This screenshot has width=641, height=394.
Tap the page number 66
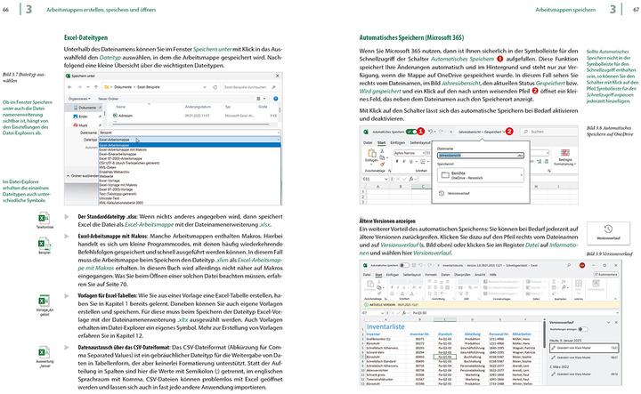pos(7,8)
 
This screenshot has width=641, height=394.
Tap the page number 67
pos(633,8)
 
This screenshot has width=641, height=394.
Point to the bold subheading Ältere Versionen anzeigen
pos(388,219)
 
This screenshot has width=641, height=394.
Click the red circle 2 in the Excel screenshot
pos(509,130)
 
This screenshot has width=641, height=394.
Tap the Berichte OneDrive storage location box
pos(472,175)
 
